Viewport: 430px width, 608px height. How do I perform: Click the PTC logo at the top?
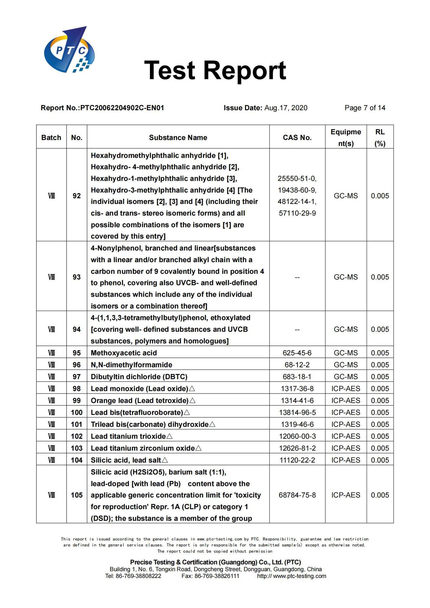pyautogui.click(x=69, y=50)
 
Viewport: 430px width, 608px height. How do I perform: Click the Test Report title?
pyautogui.click(x=215, y=70)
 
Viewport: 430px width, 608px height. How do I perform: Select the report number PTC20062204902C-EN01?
pyautogui.click(x=122, y=108)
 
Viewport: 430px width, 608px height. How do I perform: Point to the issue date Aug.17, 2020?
pyautogui.click(x=286, y=108)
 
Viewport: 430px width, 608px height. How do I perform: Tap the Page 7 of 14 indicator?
pyautogui.click(x=365, y=108)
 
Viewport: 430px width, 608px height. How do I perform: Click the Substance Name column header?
pyautogui.click(x=178, y=138)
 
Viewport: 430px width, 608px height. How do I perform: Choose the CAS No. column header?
pyautogui.click(x=297, y=138)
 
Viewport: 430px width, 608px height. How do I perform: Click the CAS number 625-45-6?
pyautogui.click(x=297, y=353)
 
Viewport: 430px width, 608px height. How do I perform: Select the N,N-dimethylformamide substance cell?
pyautogui.click(x=132, y=365)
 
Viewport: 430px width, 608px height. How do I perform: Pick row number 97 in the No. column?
pyautogui.click(x=77, y=377)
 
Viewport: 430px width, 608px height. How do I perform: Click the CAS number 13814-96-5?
pyautogui.click(x=297, y=413)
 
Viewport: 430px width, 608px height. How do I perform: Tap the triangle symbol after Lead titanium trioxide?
pyautogui.click(x=170, y=436)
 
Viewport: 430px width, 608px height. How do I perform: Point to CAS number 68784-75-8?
pyautogui.click(x=297, y=495)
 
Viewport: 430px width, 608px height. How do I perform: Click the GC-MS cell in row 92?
pyautogui.click(x=346, y=196)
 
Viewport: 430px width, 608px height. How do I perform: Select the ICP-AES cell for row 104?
pyautogui.click(x=346, y=460)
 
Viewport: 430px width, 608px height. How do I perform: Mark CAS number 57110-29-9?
pyautogui.click(x=297, y=213)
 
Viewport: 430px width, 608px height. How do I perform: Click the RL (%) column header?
pyautogui.click(x=380, y=138)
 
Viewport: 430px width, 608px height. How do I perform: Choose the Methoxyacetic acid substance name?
pyautogui.click(x=124, y=353)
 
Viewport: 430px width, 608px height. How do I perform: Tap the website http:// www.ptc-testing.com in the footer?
pyautogui.click(x=292, y=576)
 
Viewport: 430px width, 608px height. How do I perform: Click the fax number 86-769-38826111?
pyautogui.click(x=217, y=576)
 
